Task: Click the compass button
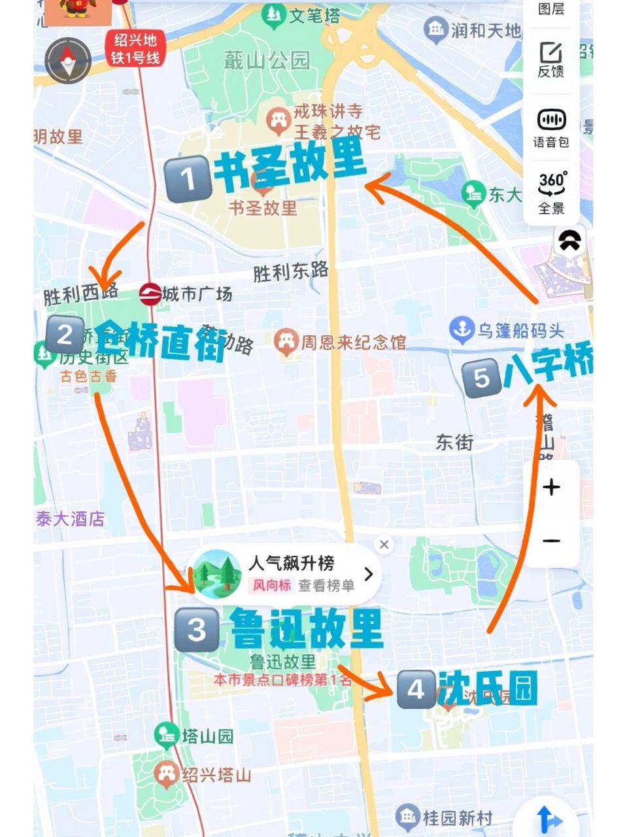coord(68,61)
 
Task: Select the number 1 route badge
coord(188,179)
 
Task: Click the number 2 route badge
coord(65,335)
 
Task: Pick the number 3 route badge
coord(197,630)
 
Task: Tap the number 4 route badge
coord(416,689)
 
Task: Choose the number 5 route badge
coord(481,378)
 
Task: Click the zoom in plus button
coord(551,488)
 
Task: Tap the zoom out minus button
coord(551,541)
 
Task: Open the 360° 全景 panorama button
coord(552,193)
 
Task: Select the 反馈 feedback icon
coord(551,60)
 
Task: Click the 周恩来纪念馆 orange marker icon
coord(286,341)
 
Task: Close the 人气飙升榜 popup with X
coord(384,544)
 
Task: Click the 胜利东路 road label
coord(290,271)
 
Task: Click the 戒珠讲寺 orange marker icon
coord(279,120)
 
